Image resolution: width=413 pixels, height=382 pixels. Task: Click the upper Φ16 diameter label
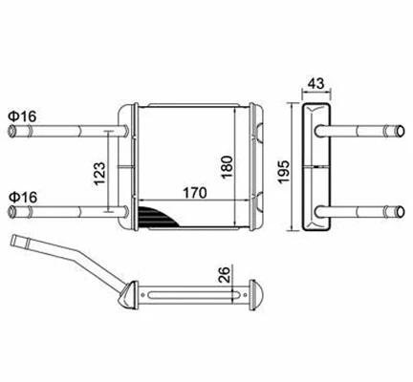[22, 117]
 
